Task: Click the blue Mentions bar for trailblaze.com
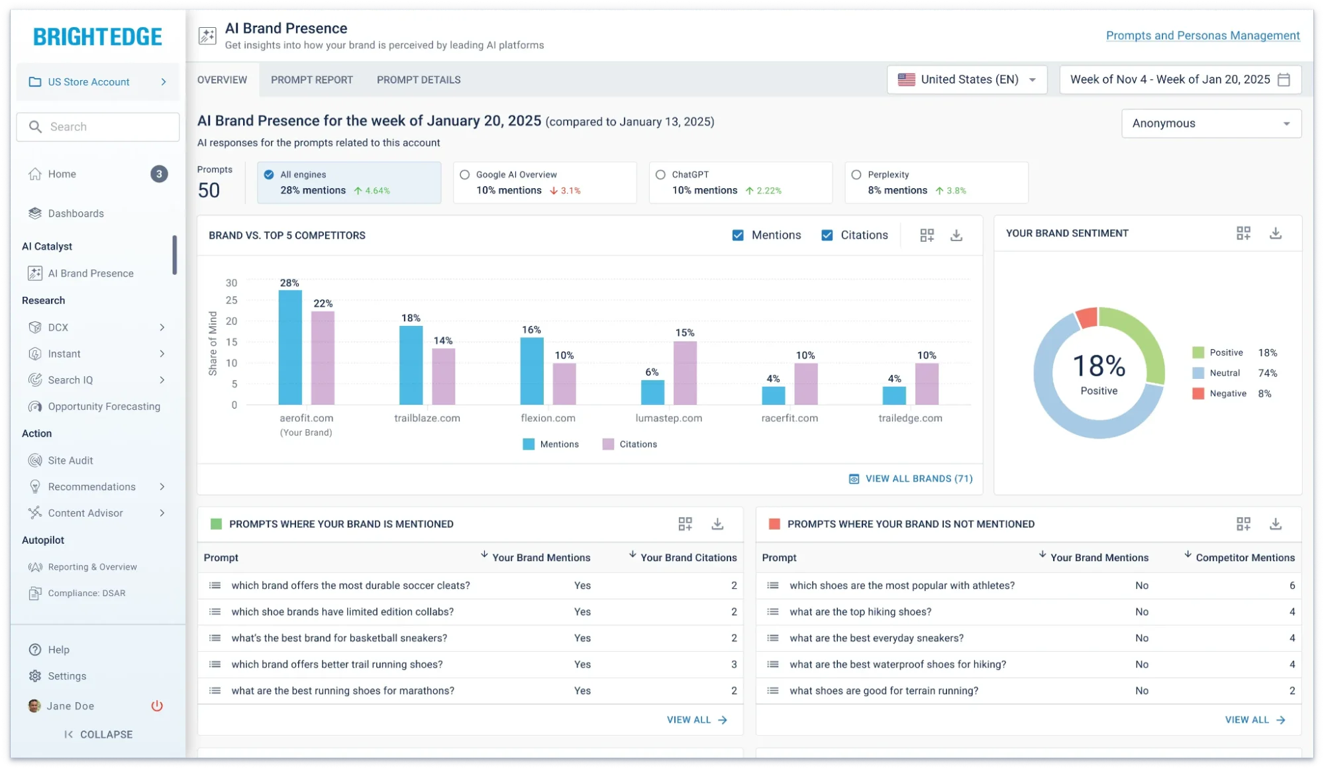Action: pos(411,365)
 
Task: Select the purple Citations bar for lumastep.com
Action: pos(685,373)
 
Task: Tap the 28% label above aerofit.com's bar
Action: pos(289,283)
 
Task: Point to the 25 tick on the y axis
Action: pos(231,301)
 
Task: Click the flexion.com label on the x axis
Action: pos(548,418)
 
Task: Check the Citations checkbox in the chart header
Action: pos(827,235)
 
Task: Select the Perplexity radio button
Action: pos(856,175)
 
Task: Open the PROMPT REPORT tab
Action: pos(312,79)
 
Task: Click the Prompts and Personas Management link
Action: pos(1202,36)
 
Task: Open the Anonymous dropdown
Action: pos(1211,123)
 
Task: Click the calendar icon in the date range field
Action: pos(1284,79)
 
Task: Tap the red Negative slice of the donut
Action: pos(1087,318)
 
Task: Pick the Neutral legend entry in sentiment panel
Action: pos(1224,373)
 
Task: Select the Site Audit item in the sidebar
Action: pos(70,460)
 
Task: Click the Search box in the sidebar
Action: pos(98,127)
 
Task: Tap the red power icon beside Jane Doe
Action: pos(157,706)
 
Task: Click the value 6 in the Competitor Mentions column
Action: pos(1292,586)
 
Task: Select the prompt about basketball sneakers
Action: pos(339,638)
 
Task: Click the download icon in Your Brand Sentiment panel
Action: pos(1276,233)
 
